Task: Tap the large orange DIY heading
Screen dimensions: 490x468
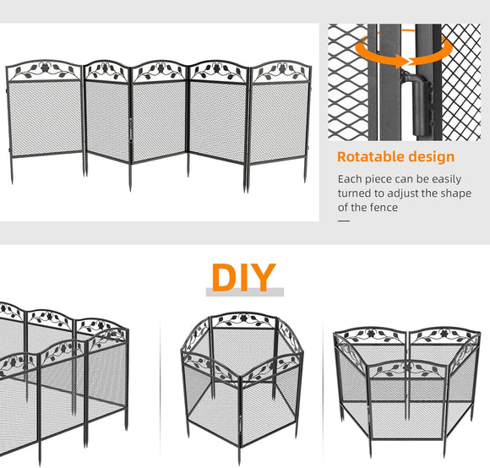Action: (x=244, y=277)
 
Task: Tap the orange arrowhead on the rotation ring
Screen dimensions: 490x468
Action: (x=400, y=61)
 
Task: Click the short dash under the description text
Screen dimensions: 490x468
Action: (x=344, y=220)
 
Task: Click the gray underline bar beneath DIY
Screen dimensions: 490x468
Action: (x=245, y=292)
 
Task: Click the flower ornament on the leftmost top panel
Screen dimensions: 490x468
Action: (x=45, y=68)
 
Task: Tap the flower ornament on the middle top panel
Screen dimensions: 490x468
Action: (x=160, y=68)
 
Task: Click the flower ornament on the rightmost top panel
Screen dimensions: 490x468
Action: (x=280, y=68)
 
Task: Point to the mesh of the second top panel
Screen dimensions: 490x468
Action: (x=107, y=120)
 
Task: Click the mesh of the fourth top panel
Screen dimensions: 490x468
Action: (x=218, y=121)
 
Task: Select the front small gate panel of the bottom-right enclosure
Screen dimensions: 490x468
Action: (x=406, y=400)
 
